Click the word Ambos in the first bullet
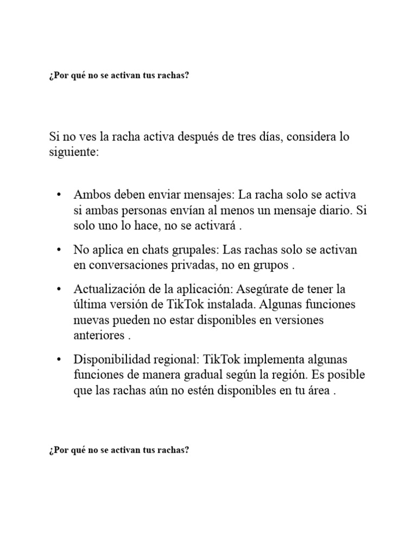pos(90,195)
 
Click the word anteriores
pos(99,336)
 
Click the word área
pos(318,391)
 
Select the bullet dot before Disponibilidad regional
pos(59,360)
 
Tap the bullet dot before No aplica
pos(59,250)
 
